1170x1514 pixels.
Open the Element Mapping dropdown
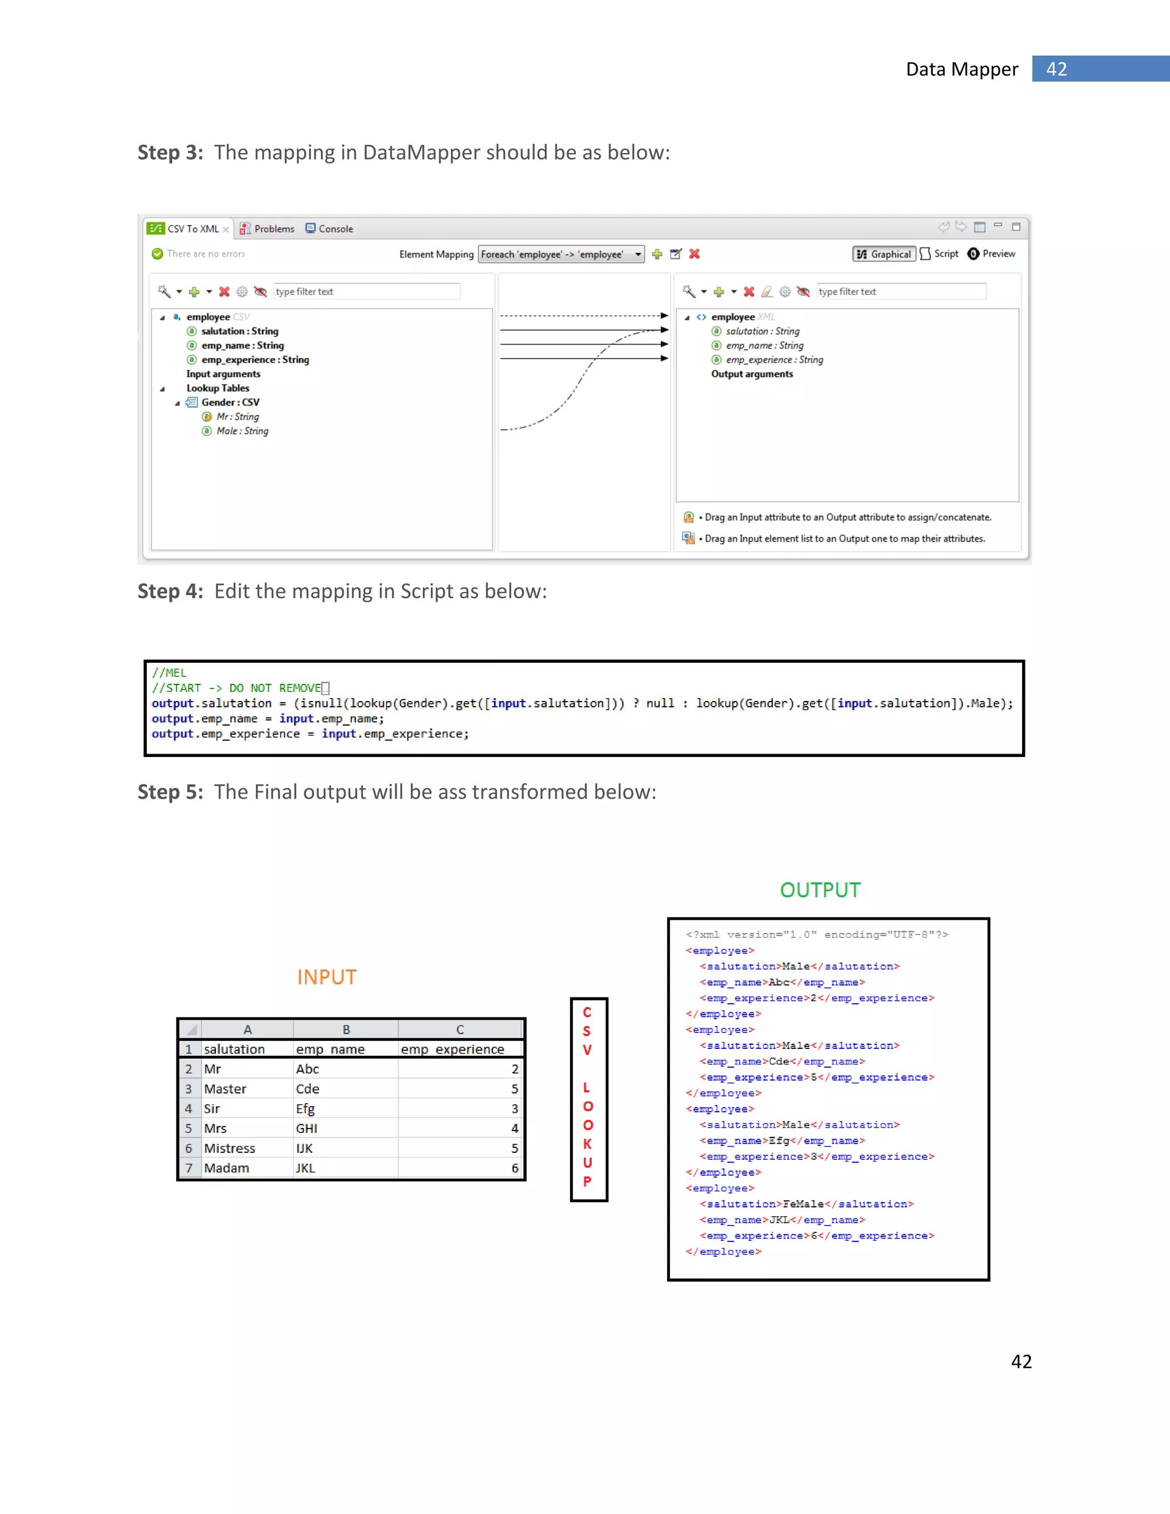[638, 254]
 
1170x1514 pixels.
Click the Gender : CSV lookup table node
[230, 402]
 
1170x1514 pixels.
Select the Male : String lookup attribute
[242, 431]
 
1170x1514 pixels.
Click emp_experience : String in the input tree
[254, 359]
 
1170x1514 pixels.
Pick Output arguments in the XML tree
[751, 374]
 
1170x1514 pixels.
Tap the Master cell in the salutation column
[225, 1089]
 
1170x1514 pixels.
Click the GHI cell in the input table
[306, 1128]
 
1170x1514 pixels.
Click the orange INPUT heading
[326, 977]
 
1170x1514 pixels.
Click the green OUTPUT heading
[820, 890]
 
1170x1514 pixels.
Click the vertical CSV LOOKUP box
[588, 1099]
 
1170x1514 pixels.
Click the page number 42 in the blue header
[1056, 69]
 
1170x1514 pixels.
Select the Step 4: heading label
[170, 591]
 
